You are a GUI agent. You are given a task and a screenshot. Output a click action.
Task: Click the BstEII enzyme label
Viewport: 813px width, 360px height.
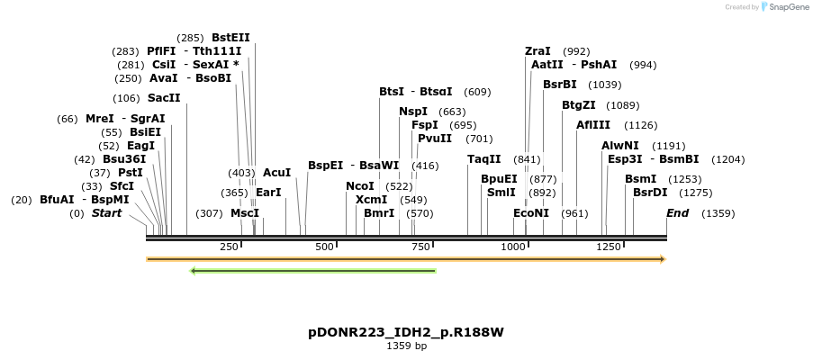coord(230,38)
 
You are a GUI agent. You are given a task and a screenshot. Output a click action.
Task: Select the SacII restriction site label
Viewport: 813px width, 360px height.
coord(164,98)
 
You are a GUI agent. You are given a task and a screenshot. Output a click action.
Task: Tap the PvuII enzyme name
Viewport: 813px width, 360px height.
coord(435,139)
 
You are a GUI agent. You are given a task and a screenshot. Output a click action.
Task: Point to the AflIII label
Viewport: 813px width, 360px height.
coord(593,125)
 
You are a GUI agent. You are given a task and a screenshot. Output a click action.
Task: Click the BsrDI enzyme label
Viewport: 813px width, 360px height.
coord(650,193)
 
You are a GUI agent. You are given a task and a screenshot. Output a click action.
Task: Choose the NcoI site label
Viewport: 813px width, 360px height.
coord(360,186)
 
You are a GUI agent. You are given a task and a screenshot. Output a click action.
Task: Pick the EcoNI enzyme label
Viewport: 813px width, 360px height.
coord(531,213)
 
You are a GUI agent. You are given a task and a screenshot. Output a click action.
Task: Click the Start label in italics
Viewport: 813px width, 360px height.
coord(106,213)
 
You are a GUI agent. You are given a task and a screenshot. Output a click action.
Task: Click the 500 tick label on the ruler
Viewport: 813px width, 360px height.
coord(323,247)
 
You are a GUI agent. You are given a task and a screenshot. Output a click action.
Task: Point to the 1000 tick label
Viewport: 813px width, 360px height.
coord(513,247)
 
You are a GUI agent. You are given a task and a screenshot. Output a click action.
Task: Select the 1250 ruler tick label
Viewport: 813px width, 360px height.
coord(608,247)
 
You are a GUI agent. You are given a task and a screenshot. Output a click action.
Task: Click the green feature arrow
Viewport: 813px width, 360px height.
coord(313,270)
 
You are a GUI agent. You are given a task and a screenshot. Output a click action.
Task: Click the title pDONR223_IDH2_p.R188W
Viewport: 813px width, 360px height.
coord(406,332)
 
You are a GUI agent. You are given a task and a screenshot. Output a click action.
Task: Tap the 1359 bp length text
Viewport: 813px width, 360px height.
coord(406,346)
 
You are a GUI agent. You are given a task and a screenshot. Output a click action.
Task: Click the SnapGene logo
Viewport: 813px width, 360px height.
coord(781,7)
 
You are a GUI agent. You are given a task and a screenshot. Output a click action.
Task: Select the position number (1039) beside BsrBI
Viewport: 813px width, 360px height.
coord(604,85)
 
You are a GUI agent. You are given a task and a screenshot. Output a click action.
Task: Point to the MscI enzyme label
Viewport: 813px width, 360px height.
coord(244,213)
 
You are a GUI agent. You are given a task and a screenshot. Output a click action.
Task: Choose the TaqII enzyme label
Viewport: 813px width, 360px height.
coord(483,159)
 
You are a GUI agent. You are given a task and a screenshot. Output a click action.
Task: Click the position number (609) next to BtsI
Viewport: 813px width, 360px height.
coord(477,92)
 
